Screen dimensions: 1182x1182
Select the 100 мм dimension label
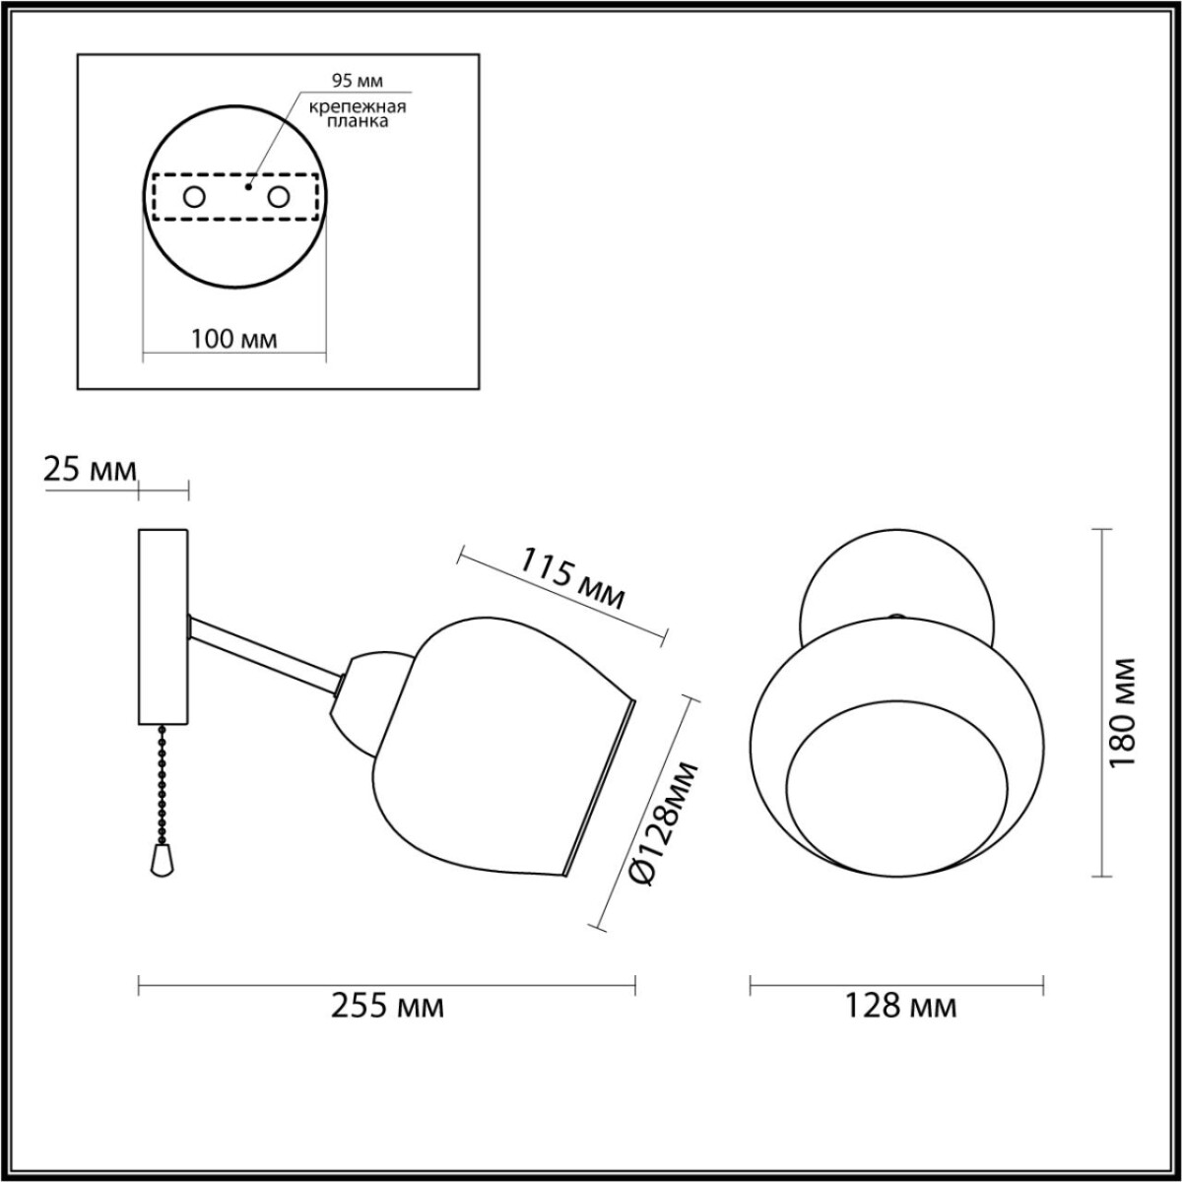(233, 339)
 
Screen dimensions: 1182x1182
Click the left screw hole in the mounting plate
(194, 197)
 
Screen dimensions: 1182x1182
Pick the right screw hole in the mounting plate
(279, 197)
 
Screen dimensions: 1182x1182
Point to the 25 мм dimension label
(89, 470)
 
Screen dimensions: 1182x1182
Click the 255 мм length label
(386, 1007)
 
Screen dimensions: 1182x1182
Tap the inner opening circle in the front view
(897, 788)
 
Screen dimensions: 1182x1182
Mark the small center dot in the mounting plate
(248, 183)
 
